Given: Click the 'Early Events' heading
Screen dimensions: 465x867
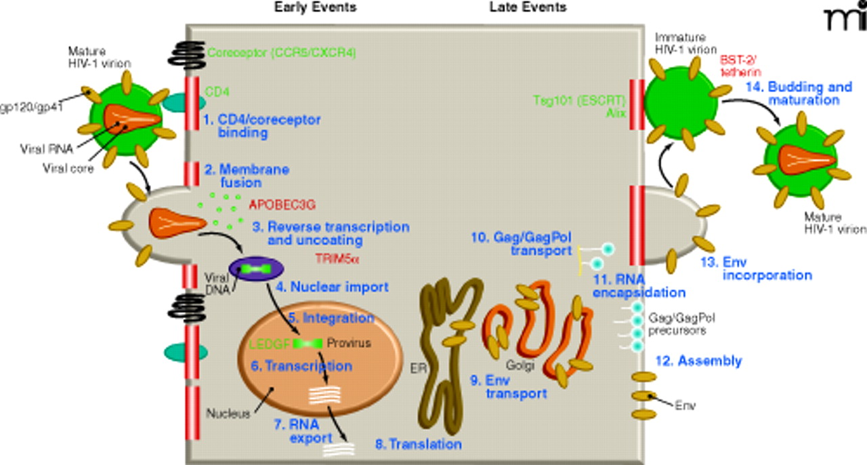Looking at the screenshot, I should [315, 7].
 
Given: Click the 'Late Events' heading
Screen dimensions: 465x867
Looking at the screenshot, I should [528, 7].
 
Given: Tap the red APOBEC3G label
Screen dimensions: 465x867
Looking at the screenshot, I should [282, 204].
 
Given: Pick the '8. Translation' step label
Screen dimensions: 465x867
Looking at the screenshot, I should [419, 445].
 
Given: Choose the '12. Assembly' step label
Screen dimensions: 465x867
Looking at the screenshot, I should [698, 361].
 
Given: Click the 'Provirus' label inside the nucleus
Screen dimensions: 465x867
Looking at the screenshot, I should [349, 343].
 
